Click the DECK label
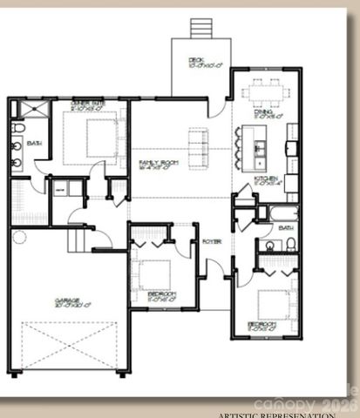(x=197, y=61)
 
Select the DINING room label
(x=264, y=112)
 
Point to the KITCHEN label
(x=265, y=179)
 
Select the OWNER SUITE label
(x=87, y=104)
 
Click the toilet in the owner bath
(x=17, y=128)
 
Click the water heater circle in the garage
(x=19, y=236)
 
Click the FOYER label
(x=211, y=241)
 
